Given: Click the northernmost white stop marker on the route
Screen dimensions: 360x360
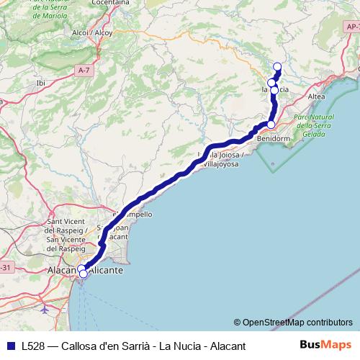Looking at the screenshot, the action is pyautogui.click(x=276, y=68).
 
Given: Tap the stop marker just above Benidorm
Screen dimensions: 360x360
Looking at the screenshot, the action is pyautogui.click(x=271, y=125).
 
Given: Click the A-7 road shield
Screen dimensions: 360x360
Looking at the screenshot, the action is pyautogui.click(x=84, y=70).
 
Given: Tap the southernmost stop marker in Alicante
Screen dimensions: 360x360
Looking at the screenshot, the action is pyautogui.click(x=83, y=274).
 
